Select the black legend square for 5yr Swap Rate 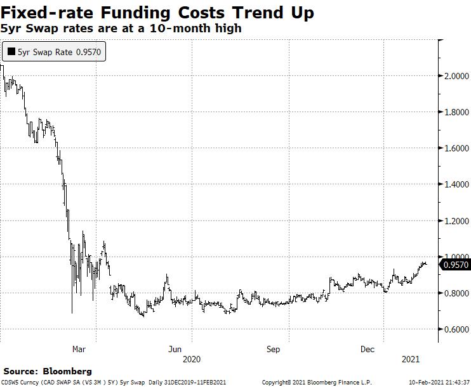click(x=11, y=52)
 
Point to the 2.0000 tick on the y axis click(x=456, y=76)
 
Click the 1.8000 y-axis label click(x=456, y=112)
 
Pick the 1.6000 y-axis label click(x=456, y=148)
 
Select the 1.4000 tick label click(x=456, y=184)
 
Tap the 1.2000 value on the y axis click(x=456, y=221)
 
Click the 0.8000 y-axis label click(x=456, y=293)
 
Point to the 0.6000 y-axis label click(x=456, y=329)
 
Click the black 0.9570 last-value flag click(x=456, y=265)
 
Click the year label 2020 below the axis click(x=192, y=359)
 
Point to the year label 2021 click(x=411, y=359)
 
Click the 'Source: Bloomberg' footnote click(x=48, y=371)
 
